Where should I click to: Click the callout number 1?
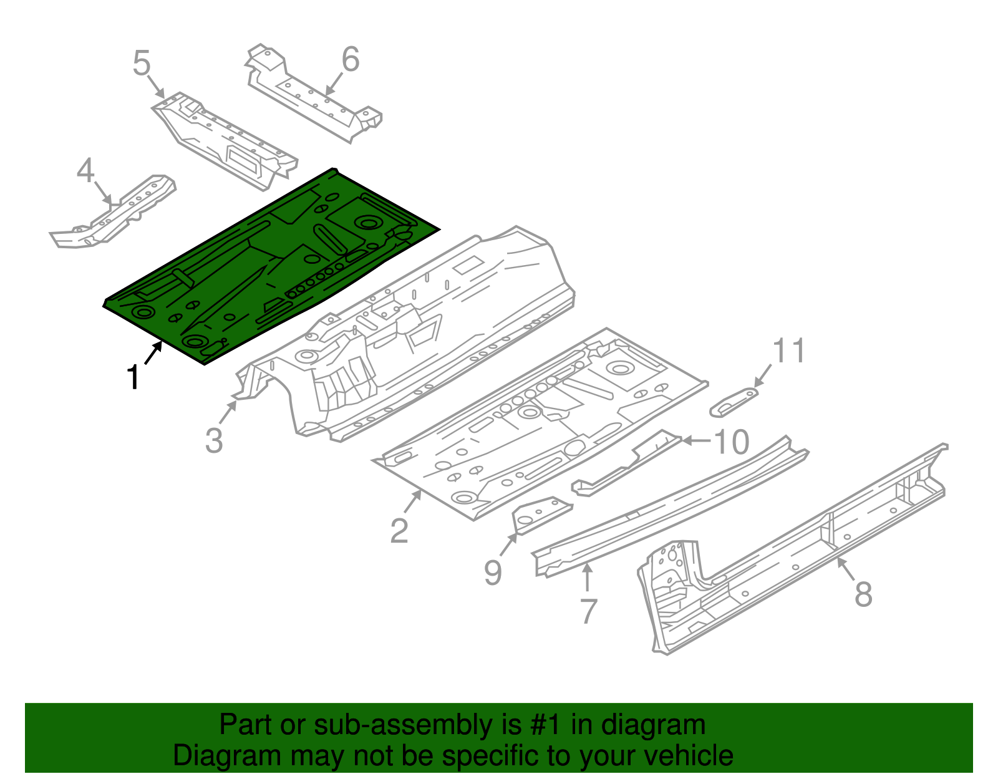[x=133, y=378]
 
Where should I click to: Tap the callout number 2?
[x=399, y=531]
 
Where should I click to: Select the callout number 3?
[x=214, y=440]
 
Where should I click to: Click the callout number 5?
[x=142, y=64]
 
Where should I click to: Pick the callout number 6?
[x=351, y=59]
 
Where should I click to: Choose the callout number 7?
[x=588, y=611]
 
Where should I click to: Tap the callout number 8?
[x=863, y=594]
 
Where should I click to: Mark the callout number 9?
[x=493, y=572]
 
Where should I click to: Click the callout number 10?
[x=731, y=442]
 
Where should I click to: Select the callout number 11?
[x=789, y=351]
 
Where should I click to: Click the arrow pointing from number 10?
[x=695, y=440]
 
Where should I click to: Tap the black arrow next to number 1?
[x=153, y=354]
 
